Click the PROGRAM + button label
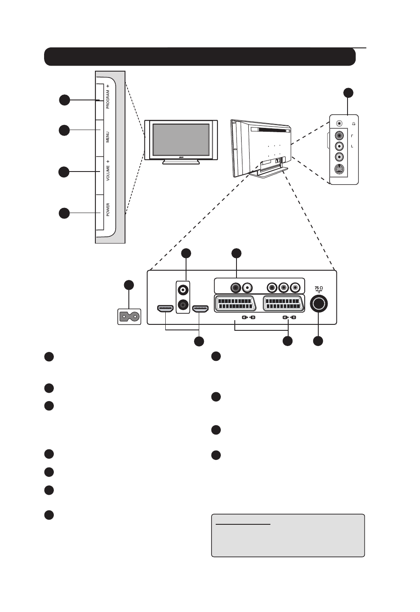click(x=108, y=97)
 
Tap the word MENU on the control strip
click(x=108, y=137)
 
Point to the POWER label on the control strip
click(x=108, y=210)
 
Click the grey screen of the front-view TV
click(x=181, y=139)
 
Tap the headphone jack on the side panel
click(x=339, y=123)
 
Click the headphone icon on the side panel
click(x=353, y=123)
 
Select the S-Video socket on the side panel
click(x=339, y=170)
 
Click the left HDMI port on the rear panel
click(x=165, y=309)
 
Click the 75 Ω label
click(x=319, y=288)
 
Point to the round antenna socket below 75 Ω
click(x=319, y=304)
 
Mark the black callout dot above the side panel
click(x=348, y=92)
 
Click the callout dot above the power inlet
click(x=129, y=285)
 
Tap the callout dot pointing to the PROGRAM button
click(x=64, y=100)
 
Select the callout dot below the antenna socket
click(x=318, y=341)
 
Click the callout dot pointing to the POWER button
click(x=64, y=213)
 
